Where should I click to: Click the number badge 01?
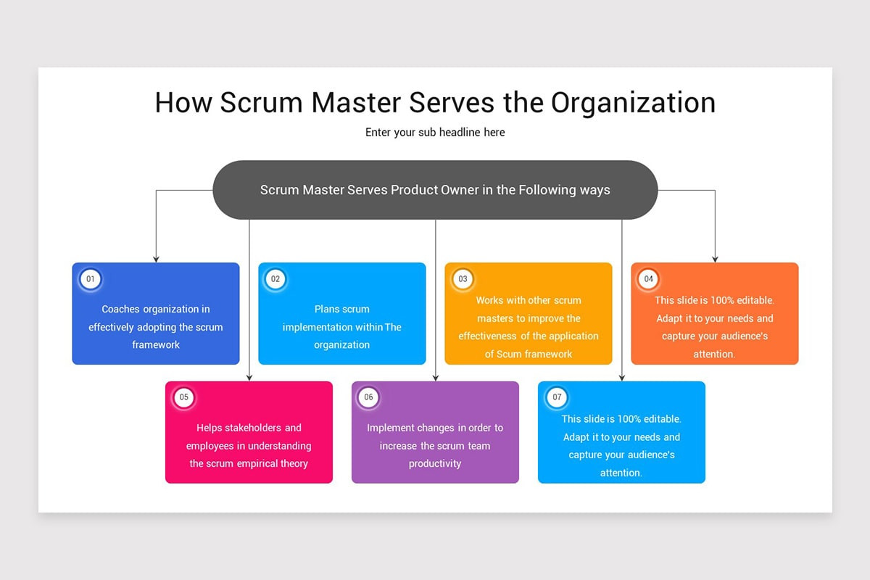tap(90, 279)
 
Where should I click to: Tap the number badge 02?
tap(275, 279)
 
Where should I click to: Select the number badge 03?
tap(463, 279)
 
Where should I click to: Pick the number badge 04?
tap(648, 279)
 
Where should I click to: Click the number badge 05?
tap(183, 397)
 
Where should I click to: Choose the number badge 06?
tap(369, 397)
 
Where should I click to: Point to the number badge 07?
tap(556, 397)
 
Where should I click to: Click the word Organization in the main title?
tap(633, 103)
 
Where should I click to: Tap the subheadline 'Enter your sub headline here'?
tap(435, 133)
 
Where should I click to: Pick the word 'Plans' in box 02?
tap(327, 310)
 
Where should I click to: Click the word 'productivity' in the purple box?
tap(435, 463)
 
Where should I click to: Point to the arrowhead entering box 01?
tap(156, 258)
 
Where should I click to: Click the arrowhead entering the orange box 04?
tap(715, 258)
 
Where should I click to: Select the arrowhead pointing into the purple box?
tap(436, 377)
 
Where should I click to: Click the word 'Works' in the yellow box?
tap(489, 300)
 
